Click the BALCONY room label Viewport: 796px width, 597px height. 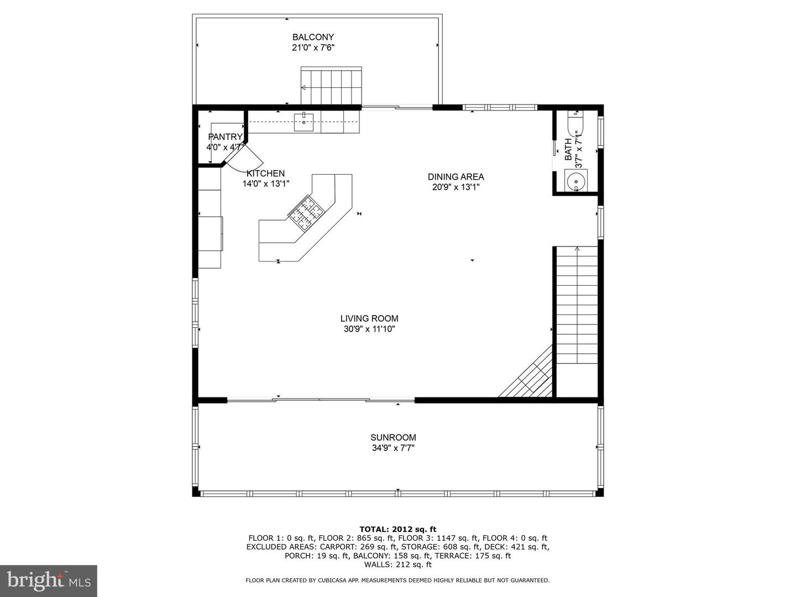(313, 37)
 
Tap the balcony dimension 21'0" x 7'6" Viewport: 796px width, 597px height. (313, 48)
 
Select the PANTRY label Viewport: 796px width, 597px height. (225, 137)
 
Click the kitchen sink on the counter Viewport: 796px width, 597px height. (303, 122)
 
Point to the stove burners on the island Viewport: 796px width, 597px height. (305, 213)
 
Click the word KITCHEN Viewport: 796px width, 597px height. (265, 174)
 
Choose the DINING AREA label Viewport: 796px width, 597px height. (455, 177)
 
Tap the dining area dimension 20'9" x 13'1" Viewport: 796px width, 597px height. (455, 187)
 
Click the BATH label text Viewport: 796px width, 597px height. (568, 149)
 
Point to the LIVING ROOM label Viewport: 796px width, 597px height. (369, 318)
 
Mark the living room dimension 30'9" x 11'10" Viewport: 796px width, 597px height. (369, 329)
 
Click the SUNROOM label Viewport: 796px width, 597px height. (393, 437)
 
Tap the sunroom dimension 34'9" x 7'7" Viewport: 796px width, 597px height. (393, 448)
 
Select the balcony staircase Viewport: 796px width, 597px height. (331, 86)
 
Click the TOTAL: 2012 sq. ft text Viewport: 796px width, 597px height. (397, 529)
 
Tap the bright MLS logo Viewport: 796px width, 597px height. (49, 580)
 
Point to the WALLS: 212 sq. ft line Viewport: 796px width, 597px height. (397, 564)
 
